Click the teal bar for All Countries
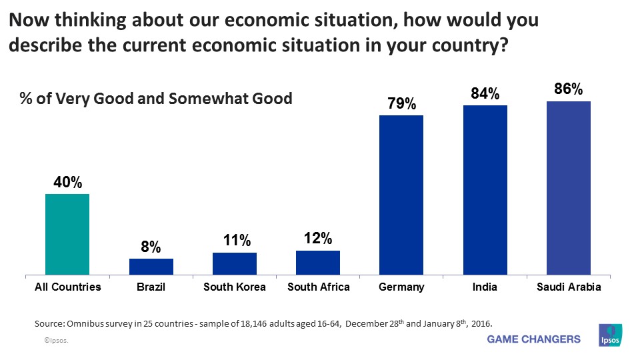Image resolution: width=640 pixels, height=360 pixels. pos(67,234)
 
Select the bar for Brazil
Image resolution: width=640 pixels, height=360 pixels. pos(151,267)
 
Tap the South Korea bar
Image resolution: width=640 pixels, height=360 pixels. pos(235,263)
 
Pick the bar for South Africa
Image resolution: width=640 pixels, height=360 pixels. pos(318,263)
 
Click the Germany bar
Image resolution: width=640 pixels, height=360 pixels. pos(401,195)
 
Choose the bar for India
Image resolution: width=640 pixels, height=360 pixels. pos(485,190)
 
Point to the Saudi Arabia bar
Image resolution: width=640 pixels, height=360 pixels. pos(569,188)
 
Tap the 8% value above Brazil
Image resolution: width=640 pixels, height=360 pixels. pos(151,247)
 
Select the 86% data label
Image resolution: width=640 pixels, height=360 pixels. pos(569,89)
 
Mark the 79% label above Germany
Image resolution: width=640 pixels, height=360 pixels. pos(401,104)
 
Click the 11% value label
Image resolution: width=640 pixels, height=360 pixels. pos(235,241)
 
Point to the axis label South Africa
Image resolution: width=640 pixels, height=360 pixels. pos(318,287)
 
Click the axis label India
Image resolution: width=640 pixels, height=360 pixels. pos(485,287)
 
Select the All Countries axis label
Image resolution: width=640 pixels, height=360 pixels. pos(67,287)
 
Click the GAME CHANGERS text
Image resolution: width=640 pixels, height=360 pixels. pos(534,339)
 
